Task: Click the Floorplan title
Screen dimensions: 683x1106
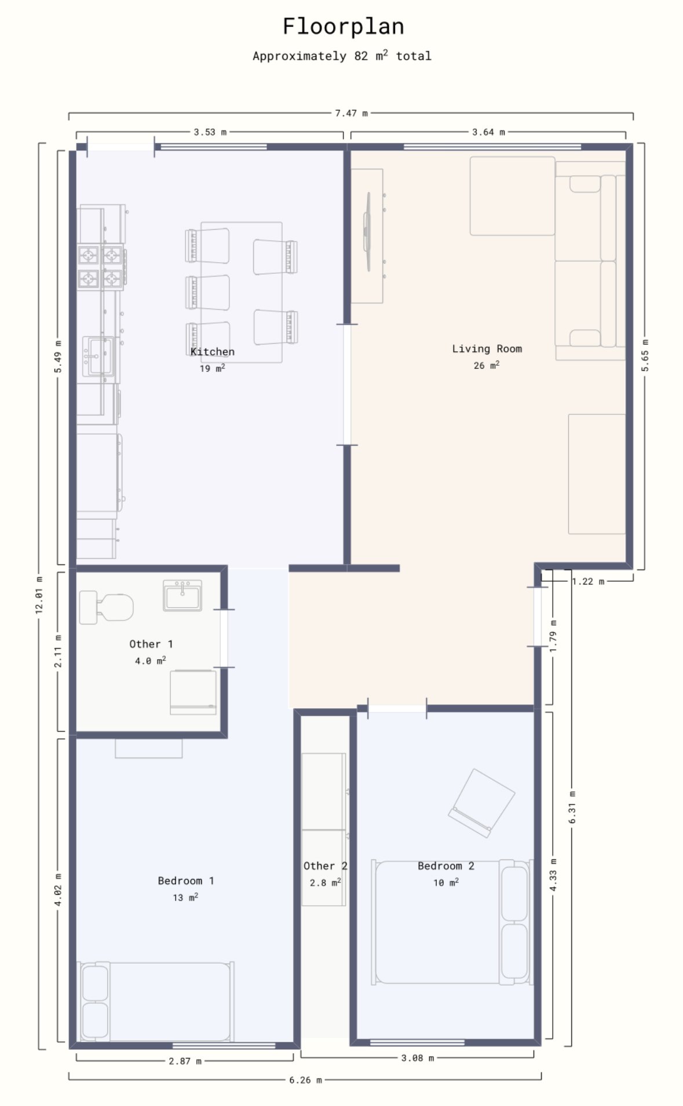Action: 343,27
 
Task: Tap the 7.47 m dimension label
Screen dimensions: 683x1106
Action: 351,113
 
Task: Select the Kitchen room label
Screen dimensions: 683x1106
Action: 213,351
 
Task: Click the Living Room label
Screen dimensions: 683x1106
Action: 487,348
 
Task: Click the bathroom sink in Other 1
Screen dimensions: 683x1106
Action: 182,596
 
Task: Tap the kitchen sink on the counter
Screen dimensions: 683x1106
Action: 98,357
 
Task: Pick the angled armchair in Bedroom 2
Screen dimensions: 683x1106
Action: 481,803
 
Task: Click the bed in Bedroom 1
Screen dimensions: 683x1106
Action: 156,1001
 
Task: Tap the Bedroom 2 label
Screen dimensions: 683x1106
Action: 446,866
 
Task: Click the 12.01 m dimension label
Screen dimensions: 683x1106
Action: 39,595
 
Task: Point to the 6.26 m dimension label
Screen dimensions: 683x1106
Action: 305,1079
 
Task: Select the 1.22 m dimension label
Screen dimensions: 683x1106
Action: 588,581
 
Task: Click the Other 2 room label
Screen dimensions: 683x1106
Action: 326,866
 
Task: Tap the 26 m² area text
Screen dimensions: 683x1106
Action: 487,365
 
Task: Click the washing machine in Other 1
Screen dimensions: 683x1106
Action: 193,692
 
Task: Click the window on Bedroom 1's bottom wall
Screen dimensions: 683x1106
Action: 224,1045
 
